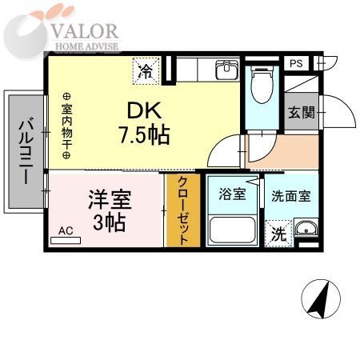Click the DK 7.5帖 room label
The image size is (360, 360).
click(145, 124)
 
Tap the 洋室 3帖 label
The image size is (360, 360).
click(108, 210)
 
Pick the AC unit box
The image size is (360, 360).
click(67, 231)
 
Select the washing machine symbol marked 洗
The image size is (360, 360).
click(277, 234)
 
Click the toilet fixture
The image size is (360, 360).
click(260, 86)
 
